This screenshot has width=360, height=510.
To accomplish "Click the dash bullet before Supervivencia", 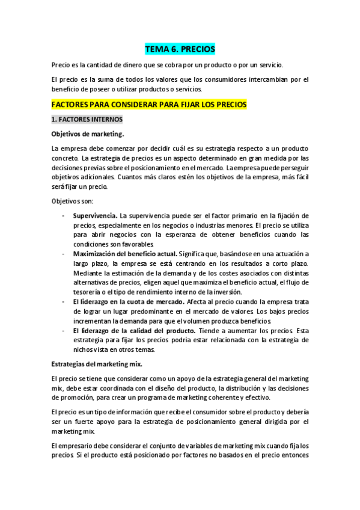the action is coord(64,215).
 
